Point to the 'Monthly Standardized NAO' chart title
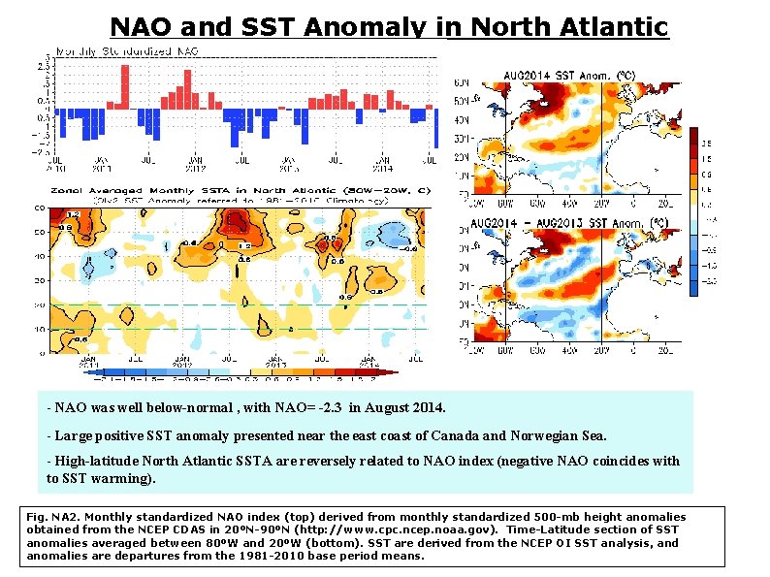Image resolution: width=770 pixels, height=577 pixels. [x=127, y=49]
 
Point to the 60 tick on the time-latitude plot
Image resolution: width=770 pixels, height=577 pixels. [x=41, y=208]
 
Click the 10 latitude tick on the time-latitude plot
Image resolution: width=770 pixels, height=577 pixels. [x=41, y=330]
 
